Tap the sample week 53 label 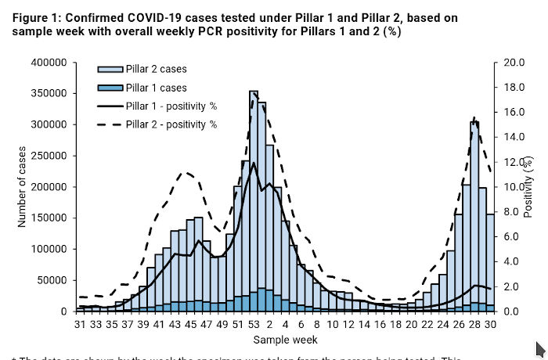[x=254, y=324]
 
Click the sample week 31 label [x=80, y=324]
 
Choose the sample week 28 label [x=474, y=324]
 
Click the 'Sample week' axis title [x=285, y=340]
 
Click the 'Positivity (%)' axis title [x=536, y=187]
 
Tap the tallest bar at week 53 [x=254, y=196]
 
